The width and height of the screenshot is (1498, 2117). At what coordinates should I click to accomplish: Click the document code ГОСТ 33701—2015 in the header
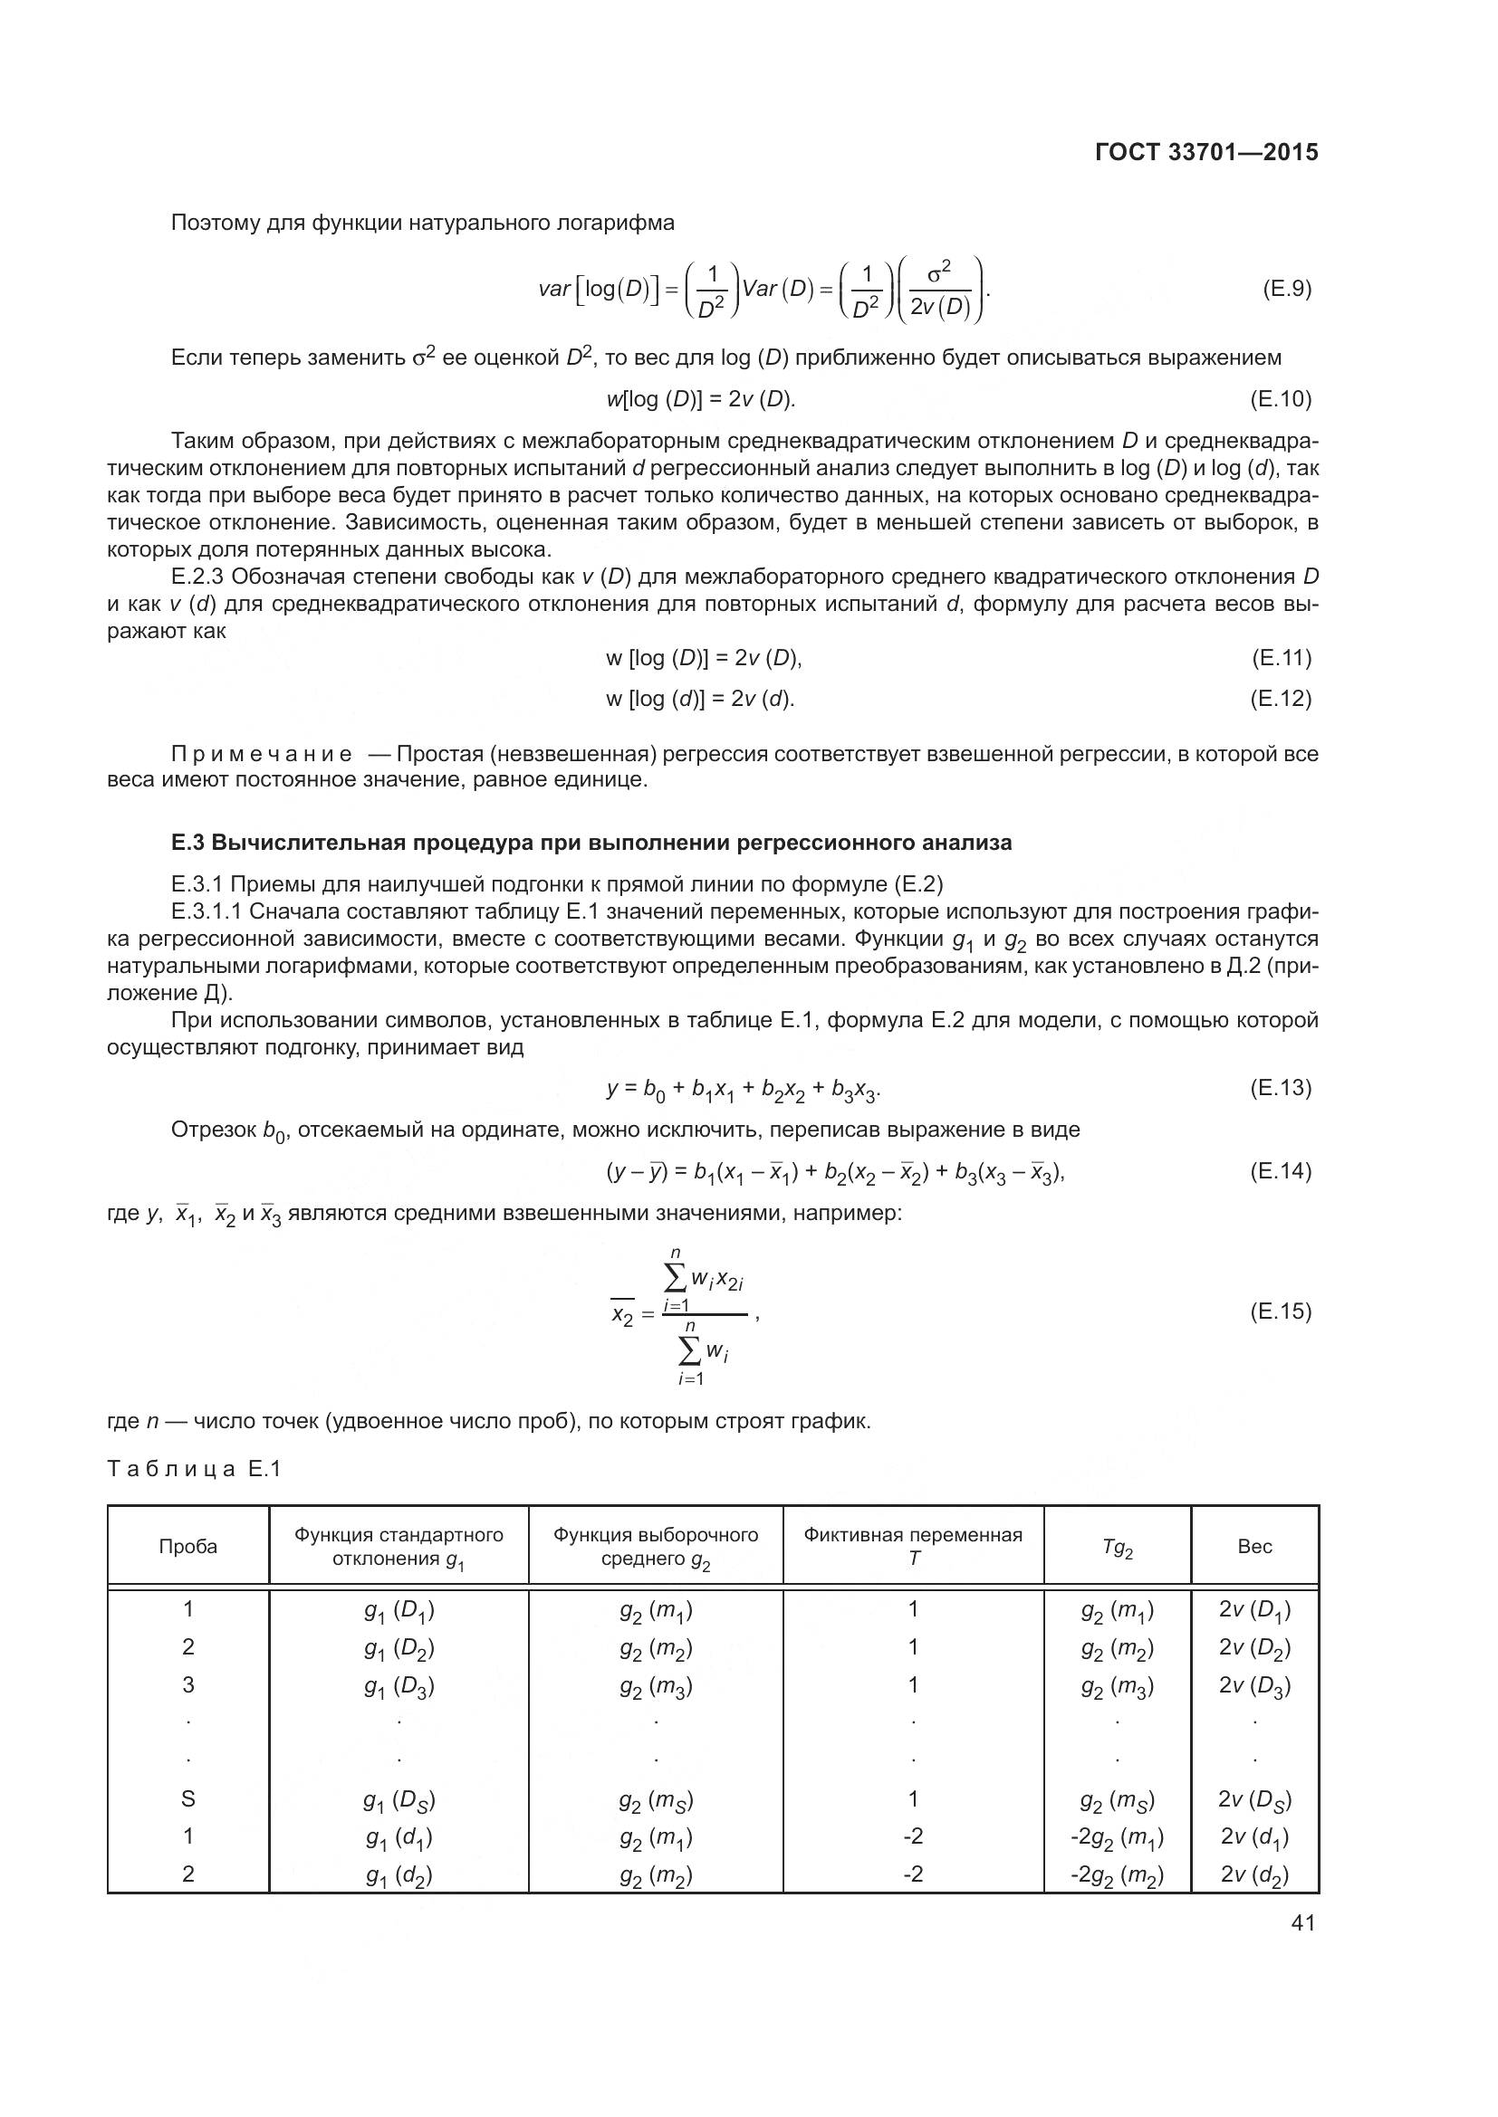pyautogui.click(x=1205, y=152)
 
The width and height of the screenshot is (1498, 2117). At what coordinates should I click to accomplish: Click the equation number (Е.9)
pyautogui.click(x=1286, y=290)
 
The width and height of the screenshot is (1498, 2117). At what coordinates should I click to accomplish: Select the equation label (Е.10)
pyautogui.click(x=1281, y=398)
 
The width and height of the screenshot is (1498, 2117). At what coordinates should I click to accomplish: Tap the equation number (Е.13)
pyautogui.click(x=1281, y=1088)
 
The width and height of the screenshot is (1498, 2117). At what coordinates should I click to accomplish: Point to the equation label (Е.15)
pyautogui.click(x=1281, y=1311)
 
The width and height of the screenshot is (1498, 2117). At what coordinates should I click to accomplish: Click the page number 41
pyautogui.click(x=1302, y=1922)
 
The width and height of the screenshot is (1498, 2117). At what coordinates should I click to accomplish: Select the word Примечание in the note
pyautogui.click(x=261, y=754)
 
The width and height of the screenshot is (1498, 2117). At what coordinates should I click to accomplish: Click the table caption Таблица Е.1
pyautogui.click(x=194, y=1469)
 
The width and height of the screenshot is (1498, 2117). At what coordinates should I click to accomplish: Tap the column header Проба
pyautogui.click(x=188, y=1546)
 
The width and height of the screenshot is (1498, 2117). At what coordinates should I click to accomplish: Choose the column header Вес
pyautogui.click(x=1254, y=1546)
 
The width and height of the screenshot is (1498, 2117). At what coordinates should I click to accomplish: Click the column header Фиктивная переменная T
pyautogui.click(x=912, y=1546)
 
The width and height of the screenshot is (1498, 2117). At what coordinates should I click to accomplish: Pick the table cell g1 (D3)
pyautogui.click(x=399, y=1686)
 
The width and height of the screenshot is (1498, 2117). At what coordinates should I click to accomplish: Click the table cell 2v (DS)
pyautogui.click(x=1254, y=1800)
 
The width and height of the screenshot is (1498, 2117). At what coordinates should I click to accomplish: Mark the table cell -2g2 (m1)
pyautogui.click(x=1116, y=1837)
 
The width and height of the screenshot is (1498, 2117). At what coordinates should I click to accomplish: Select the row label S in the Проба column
pyautogui.click(x=188, y=1799)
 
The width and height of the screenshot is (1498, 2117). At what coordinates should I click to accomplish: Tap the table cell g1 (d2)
pyautogui.click(x=399, y=1875)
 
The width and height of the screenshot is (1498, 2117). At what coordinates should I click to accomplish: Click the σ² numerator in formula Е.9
pyautogui.click(x=938, y=272)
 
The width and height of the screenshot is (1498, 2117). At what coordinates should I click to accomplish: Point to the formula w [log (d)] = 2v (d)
pyautogui.click(x=699, y=699)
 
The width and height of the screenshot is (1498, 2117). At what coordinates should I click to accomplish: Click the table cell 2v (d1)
pyautogui.click(x=1254, y=1837)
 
